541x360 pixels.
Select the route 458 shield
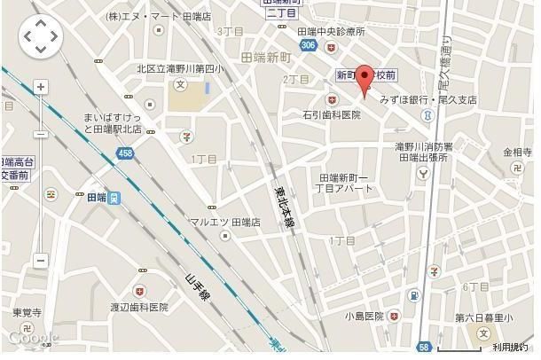coord(124,154)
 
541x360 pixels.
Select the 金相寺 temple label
coord(518,153)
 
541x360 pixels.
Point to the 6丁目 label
coord(476,286)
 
